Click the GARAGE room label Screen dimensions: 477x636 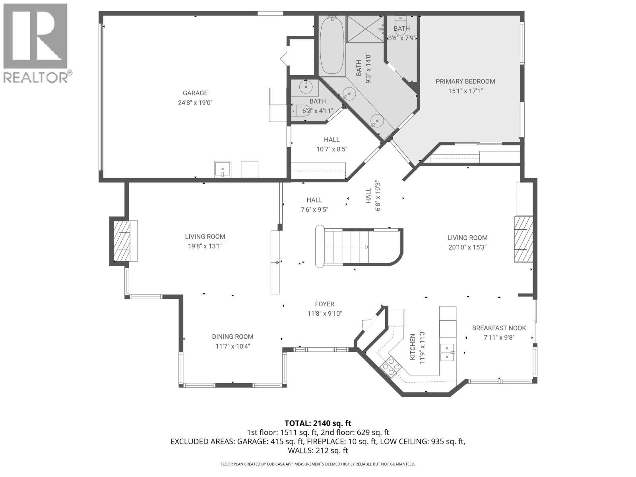[195, 93]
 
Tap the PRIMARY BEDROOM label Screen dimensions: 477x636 [465, 81]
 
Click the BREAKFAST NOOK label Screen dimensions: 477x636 [499, 328]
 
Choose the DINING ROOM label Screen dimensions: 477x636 [233, 337]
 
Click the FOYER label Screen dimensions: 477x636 [324, 304]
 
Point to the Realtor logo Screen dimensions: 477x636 [36, 42]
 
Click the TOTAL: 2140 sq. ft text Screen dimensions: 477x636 [318, 423]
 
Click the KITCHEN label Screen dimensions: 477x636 [413, 347]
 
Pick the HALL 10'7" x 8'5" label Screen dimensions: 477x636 [332, 140]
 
